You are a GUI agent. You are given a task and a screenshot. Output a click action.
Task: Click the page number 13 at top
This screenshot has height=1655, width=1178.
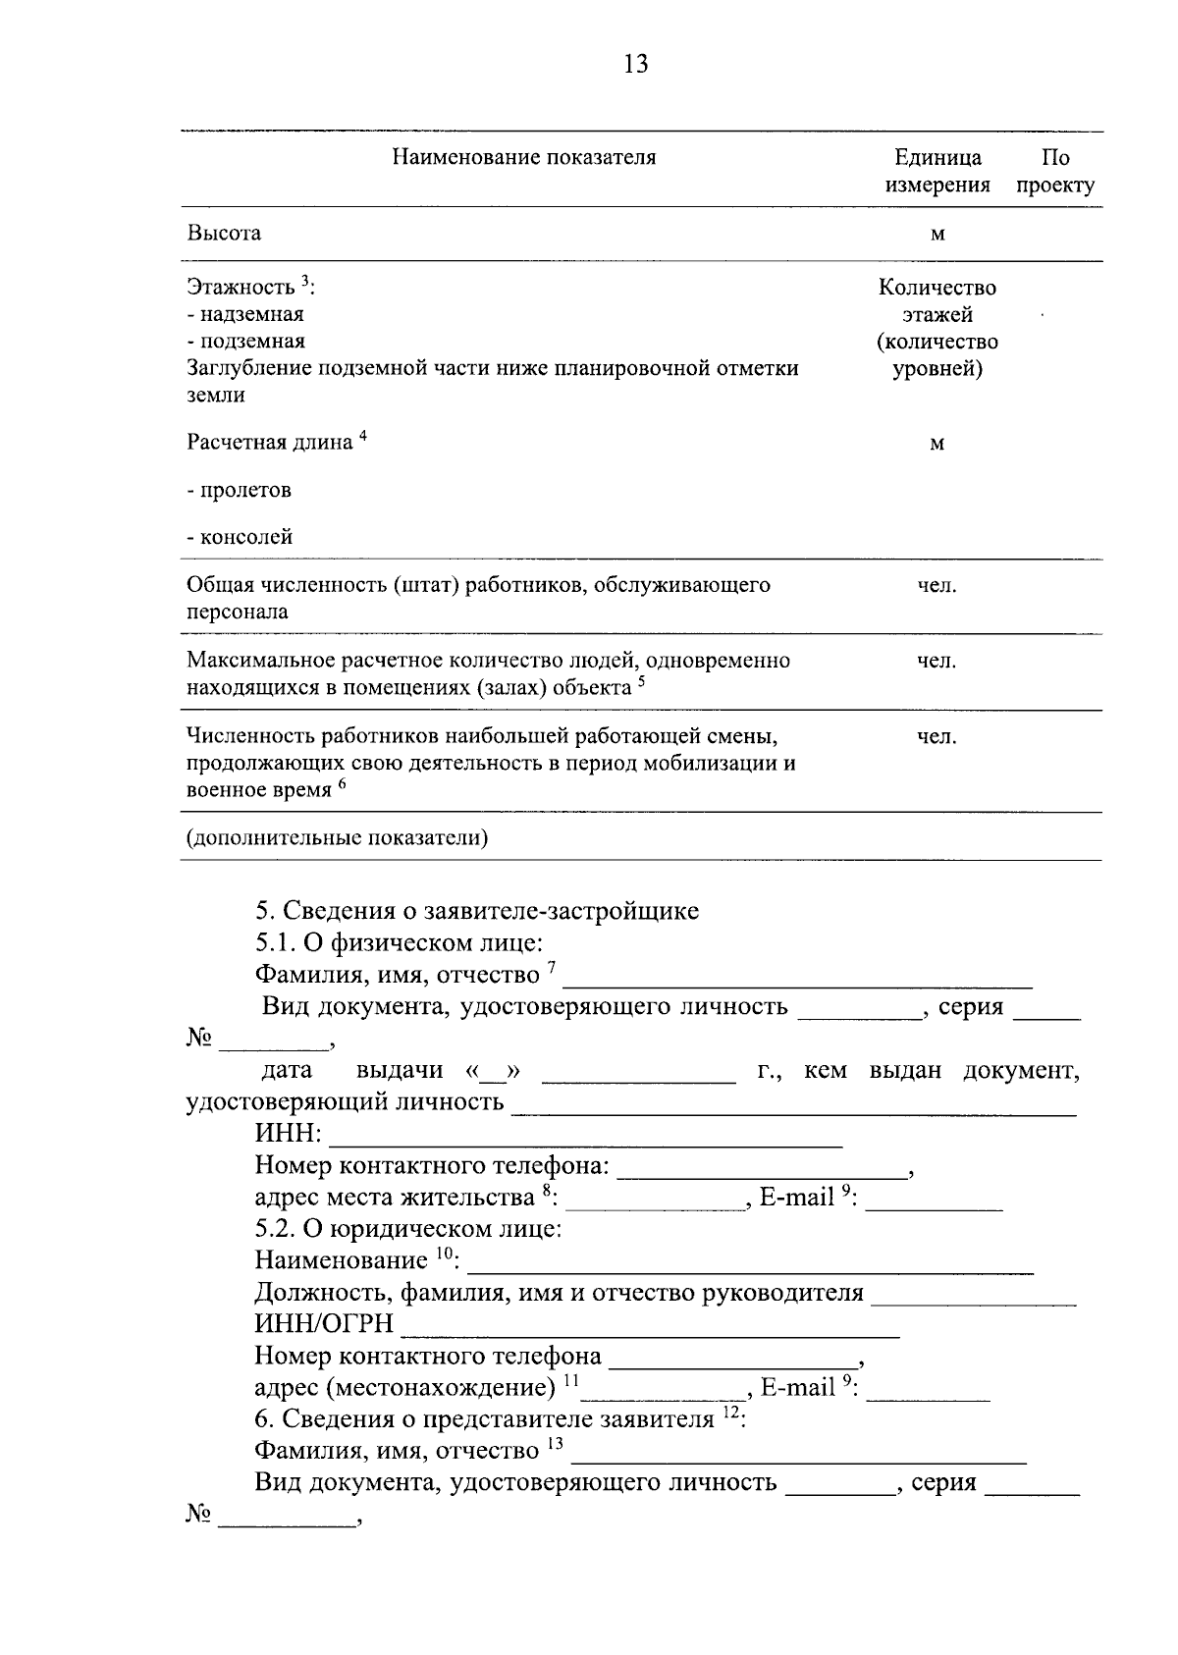coord(635,65)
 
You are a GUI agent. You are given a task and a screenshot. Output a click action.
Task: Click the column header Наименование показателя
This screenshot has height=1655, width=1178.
coord(523,157)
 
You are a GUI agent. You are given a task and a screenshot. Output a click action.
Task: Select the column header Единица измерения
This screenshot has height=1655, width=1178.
coord(937,172)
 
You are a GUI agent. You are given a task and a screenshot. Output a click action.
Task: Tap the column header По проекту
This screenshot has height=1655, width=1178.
coord(1055,172)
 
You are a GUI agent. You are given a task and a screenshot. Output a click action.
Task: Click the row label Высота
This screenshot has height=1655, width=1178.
coord(225,234)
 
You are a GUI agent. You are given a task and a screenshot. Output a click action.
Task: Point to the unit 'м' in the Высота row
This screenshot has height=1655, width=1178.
coord(937,235)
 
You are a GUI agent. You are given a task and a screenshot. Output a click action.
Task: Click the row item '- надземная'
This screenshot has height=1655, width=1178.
coord(245,314)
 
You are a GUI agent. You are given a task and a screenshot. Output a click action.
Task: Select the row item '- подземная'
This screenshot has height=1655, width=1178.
coord(246,341)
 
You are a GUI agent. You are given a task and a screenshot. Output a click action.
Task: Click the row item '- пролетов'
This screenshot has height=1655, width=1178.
coord(240,490)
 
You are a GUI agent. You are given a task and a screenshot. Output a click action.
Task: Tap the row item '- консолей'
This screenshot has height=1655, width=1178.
coord(241,537)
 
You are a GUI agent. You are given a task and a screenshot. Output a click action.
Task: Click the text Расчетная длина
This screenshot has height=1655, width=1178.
coord(270,442)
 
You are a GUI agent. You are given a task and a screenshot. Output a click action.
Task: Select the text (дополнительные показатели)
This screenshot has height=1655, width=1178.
coord(338,838)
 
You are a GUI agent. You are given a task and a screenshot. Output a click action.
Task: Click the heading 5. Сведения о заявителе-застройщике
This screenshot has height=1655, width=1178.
coord(477,911)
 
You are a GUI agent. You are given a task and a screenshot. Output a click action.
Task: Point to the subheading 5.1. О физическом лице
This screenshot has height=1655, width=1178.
coord(399,943)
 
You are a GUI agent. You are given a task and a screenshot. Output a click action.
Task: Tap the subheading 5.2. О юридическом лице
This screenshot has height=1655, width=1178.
coord(408,1228)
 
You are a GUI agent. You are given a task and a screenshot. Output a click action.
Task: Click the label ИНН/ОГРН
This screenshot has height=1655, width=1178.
coord(324,1324)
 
